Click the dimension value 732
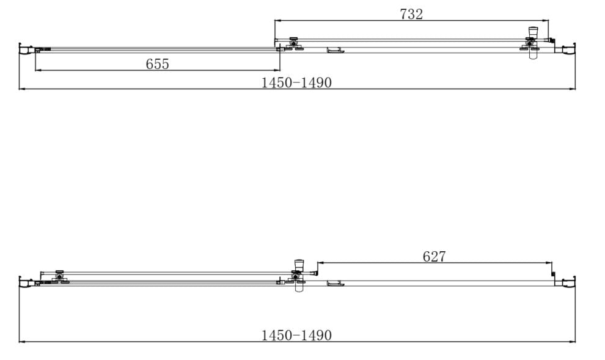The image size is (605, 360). pos(411,14)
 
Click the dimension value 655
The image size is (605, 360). pos(157,64)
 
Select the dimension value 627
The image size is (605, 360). pos(434,257)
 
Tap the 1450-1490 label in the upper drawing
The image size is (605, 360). pos(296,83)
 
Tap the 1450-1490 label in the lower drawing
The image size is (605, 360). pos(296,335)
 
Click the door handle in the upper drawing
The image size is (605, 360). pos(335,50)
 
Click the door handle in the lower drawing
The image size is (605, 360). pos(335,282)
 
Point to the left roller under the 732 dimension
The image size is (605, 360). pos(294,43)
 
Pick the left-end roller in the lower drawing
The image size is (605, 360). pos(59,277)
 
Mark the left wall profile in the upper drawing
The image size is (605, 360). pos(23,50)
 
